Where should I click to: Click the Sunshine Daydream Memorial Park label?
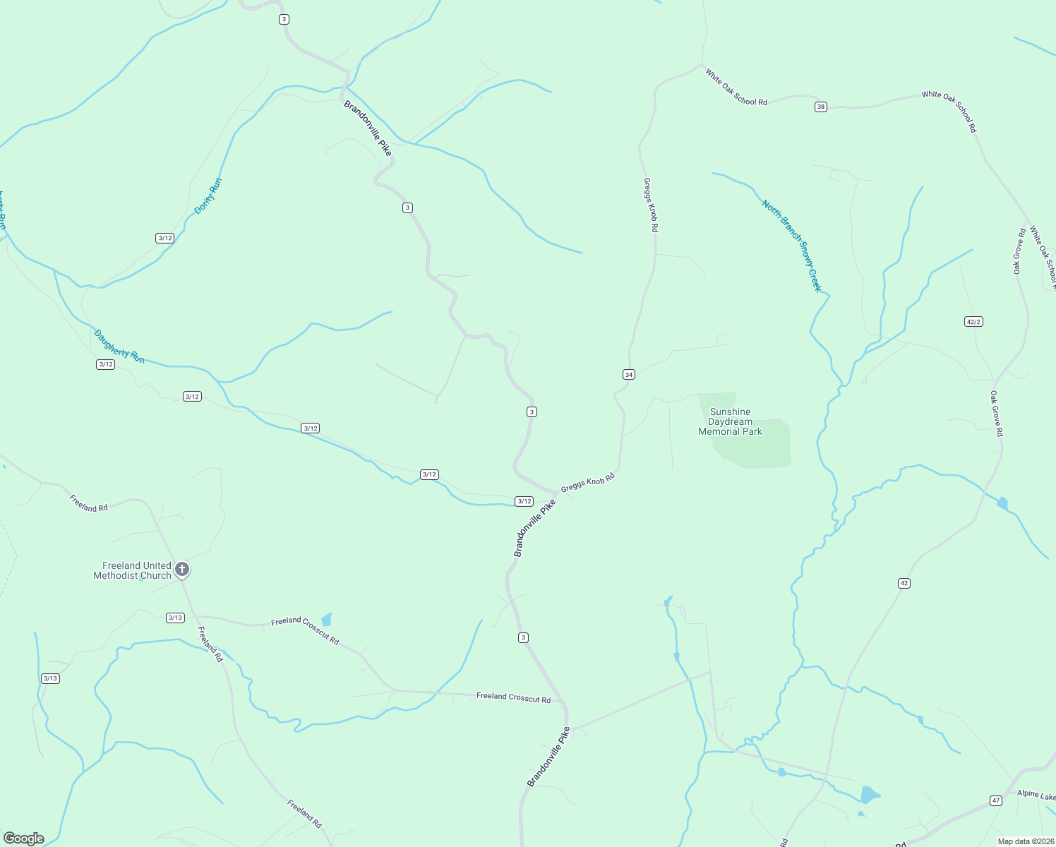point(730,421)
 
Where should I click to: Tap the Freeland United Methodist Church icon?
point(182,569)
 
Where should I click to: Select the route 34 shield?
point(629,374)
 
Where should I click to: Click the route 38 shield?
point(820,107)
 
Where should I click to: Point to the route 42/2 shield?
point(973,321)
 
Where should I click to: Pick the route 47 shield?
point(996,800)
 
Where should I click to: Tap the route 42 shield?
point(904,583)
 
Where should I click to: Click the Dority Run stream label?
point(208,196)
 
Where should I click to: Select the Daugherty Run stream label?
point(119,346)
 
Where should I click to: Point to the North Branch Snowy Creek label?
point(792,246)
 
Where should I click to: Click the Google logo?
point(23,839)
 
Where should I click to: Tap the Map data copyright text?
point(1025,841)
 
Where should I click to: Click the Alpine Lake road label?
point(1036,794)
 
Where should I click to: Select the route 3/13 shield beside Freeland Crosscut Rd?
point(175,618)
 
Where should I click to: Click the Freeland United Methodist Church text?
point(133,570)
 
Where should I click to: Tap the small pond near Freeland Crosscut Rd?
point(326,620)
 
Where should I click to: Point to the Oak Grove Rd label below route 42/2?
point(996,414)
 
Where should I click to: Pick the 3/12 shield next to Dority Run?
point(165,238)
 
